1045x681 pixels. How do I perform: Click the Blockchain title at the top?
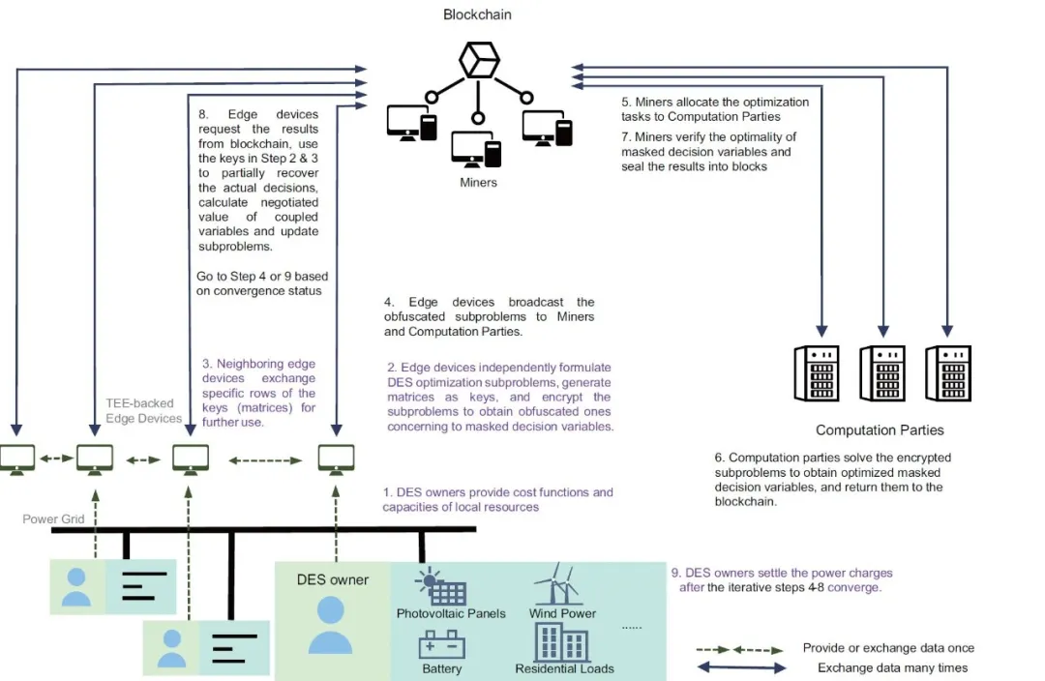pyautogui.click(x=477, y=15)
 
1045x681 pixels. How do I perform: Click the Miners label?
pyautogui.click(x=478, y=181)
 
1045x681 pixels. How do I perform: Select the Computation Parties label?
pyautogui.click(x=879, y=430)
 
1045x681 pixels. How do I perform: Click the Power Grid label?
pyautogui.click(x=53, y=519)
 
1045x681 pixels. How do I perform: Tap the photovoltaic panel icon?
pyautogui.click(x=441, y=587)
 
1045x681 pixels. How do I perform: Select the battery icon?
pyautogui.click(x=441, y=643)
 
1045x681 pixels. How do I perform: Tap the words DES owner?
pyautogui.click(x=332, y=579)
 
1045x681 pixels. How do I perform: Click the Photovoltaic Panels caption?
pyautogui.click(x=451, y=613)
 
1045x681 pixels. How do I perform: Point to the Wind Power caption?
pyautogui.click(x=562, y=613)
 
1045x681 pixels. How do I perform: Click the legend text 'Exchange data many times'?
pyautogui.click(x=892, y=668)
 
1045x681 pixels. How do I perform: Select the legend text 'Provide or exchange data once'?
pyautogui.click(x=888, y=648)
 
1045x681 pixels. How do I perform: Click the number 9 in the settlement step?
pyautogui.click(x=674, y=572)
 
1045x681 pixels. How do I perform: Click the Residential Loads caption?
pyautogui.click(x=564, y=668)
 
